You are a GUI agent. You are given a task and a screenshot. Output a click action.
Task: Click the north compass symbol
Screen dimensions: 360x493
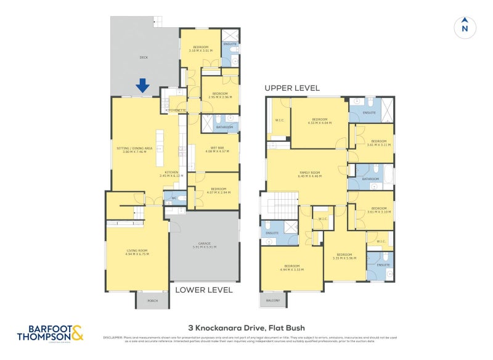coord(465,27)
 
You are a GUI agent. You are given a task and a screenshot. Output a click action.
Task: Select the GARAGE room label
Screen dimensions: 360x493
coord(203,245)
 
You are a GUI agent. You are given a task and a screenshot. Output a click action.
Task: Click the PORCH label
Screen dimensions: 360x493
coord(152,301)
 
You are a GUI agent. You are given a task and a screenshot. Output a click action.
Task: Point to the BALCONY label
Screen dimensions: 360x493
coord(273,301)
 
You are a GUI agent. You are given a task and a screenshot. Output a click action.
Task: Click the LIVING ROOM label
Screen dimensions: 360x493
coord(137,251)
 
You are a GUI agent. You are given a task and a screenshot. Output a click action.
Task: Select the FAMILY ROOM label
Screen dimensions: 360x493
coord(310,174)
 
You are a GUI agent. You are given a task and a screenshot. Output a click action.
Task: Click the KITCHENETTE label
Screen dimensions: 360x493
coord(175,110)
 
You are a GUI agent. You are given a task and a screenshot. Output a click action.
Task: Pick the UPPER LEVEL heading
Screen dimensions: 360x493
coord(292,88)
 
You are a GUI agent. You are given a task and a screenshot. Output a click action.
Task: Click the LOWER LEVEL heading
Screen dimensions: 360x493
coord(204,290)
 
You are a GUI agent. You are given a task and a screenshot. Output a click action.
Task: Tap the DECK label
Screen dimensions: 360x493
coord(144,57)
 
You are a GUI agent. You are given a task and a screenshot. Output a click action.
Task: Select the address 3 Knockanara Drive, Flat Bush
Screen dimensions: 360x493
coord(246,328)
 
